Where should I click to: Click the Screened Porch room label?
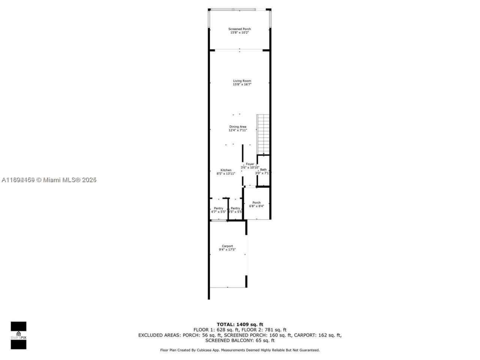click(x=240, y=29)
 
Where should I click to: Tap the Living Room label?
click(x=242, y=81)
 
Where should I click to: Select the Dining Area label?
click(x=238, y=127)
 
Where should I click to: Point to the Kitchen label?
click(x=226, y=170)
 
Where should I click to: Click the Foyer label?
click(x=250, y=164)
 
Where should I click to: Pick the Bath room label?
click(x=263, y=169)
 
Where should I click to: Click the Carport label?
click(x=227, y=246)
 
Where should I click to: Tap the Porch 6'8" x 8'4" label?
click(x=256, y=202)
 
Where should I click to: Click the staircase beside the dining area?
click(x=263, y=133)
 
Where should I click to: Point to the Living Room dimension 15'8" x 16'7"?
click(x=242, y=84)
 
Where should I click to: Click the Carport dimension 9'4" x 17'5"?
click(x=227, y=249)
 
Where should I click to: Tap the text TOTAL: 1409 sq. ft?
click(x=240, y=324)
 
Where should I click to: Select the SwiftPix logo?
click(x=18, y=335)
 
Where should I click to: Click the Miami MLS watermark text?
click(x=49, y=180)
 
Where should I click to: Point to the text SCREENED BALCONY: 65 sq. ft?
click(x=240, y=340)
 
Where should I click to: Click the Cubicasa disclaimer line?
click(x=240, y=350)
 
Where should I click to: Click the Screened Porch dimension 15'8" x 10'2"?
click(x=240, y=33)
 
